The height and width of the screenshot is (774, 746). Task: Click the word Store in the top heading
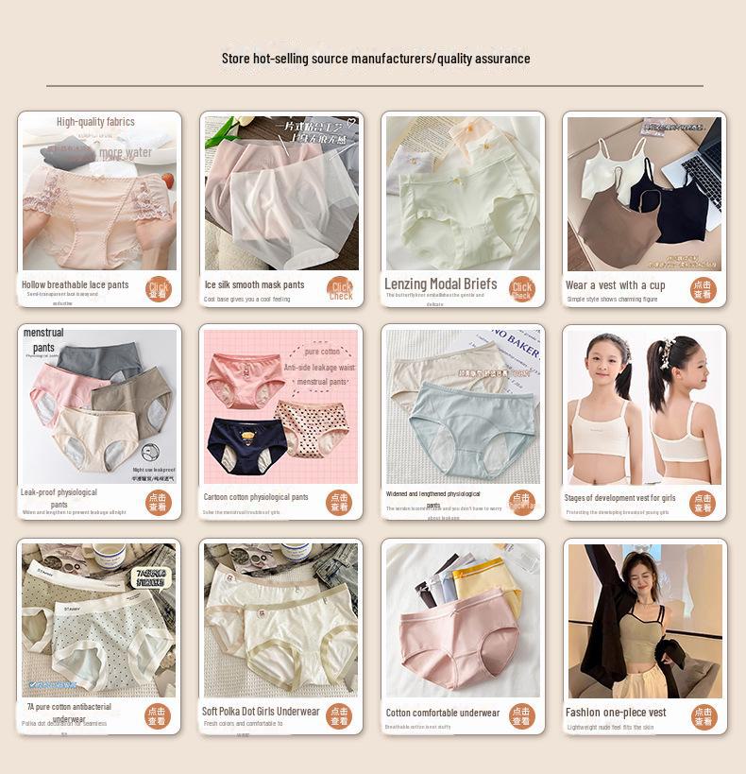237,59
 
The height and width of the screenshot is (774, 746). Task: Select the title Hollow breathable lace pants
75,284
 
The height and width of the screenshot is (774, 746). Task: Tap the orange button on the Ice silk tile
341,290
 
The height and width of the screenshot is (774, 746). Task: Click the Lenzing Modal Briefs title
440,284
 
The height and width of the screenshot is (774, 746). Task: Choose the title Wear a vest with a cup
615,284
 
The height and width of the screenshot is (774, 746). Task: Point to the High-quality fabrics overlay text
95,122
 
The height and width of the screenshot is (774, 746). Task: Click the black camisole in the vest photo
675,203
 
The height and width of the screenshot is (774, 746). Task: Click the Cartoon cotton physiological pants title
255,497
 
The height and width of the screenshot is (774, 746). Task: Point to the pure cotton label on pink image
322,352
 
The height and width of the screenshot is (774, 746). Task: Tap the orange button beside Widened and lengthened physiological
522,503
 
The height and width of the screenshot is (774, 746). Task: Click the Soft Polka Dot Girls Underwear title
261,712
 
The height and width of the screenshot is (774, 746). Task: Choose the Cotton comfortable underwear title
442,713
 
